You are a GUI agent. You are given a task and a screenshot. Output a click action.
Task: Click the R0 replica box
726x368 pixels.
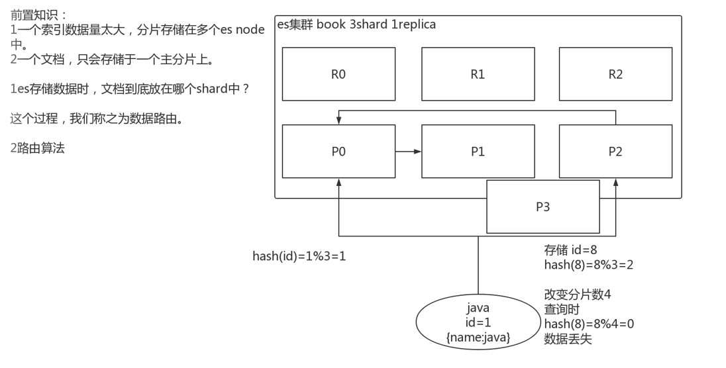338,73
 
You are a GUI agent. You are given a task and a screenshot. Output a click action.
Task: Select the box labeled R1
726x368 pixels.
478,73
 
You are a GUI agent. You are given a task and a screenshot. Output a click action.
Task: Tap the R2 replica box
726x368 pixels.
615,73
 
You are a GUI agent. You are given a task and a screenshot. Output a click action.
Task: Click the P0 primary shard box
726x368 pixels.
338,152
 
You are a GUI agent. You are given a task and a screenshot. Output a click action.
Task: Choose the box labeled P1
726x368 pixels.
478,152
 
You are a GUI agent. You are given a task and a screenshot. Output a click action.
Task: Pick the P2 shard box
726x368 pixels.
615,152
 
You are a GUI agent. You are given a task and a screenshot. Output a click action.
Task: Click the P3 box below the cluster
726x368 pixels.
543,206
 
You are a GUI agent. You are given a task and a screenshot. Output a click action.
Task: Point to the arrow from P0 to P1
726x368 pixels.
408,152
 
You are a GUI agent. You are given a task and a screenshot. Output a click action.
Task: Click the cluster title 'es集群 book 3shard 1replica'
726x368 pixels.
356,25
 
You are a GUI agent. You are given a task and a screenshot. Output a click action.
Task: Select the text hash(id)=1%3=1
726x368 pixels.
299,255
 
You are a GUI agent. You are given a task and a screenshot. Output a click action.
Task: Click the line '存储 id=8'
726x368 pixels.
571,250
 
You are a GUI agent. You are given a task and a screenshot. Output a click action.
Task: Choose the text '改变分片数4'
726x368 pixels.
578,295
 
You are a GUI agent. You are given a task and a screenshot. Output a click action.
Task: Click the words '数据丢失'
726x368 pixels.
568,339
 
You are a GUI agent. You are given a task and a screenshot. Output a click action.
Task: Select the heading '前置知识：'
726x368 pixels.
38,13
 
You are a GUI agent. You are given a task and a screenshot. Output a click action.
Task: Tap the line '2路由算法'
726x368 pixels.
37,149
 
